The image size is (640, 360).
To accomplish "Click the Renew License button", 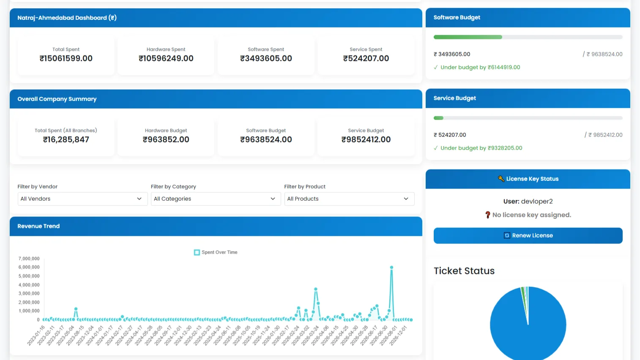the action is click(x=528, y=235).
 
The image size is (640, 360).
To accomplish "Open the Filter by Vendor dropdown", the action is click(x=82, y=199).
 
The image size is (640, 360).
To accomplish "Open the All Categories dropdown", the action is click(x=216, y=199).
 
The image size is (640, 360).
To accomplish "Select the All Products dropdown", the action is click(x=349, y=199).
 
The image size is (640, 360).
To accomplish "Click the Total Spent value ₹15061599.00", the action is click(x=66, y=59).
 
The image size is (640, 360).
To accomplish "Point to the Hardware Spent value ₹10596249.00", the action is click(x=166, y=59).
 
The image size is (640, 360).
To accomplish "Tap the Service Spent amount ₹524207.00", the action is click(x=366, y=59).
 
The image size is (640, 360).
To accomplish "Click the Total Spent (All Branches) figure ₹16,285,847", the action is click(x=66, y=139).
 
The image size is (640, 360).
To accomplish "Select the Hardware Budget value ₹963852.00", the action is click(x=166, y=139).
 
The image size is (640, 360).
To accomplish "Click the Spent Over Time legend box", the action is click(x=197, y=252).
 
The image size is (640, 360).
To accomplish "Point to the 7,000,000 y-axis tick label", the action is click(x=29, y=259).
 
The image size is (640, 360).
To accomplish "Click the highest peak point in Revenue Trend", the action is click(x=391, y=267).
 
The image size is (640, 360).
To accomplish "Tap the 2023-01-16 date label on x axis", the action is click(x=36, y=335).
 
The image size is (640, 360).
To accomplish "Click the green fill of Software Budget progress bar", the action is click(x=468, y=37).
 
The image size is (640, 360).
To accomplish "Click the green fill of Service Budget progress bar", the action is click(x=438, y=118).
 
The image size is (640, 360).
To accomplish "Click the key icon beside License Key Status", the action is click(x=501, y=179).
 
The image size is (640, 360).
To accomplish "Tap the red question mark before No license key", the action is click(x=488, y=215).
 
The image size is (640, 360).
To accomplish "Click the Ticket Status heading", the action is click(x=464, y=271).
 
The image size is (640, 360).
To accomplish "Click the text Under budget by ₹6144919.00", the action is click(x=480, y=67).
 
